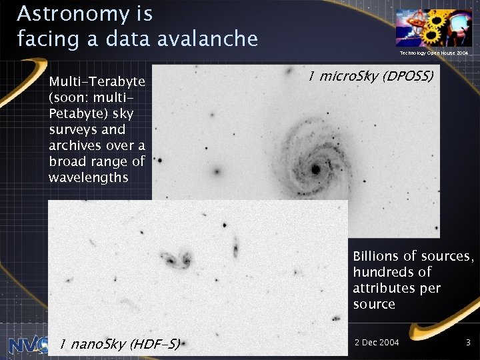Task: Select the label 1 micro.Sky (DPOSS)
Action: pyautogui.click(x=371, y=77)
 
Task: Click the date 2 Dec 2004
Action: pyautogui.click(x=377, y=342)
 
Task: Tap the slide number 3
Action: pyautogui.click(x=469, y=342)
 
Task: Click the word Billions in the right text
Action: pyautogui.click(x=376, y=256)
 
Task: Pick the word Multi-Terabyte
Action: pyautogui.click(x=97, y=81)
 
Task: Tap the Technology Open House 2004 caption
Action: pyautogui.click(x=434, y=52)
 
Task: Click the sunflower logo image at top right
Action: pyautogui.click(x=433, y=27)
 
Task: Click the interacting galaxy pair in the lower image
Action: pyautogui.click(x=175, y=259)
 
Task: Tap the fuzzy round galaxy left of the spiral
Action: pyautogui.click(x=216, y=171)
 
